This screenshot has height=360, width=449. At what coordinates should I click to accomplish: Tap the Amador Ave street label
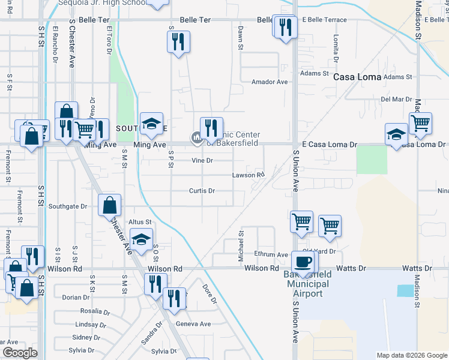point(270,82)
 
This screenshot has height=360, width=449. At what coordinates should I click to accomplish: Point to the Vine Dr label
point(202,161)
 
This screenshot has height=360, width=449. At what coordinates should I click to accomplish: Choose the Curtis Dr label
point(202,191)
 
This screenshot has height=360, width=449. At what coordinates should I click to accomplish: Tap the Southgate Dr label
point(68,206)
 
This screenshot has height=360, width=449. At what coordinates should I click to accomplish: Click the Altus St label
point(140,222)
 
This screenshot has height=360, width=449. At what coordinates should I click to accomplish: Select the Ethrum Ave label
point(271,255)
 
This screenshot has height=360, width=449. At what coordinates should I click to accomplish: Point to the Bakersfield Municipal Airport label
point(308,284)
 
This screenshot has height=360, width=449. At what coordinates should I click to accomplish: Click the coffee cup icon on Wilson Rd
point(303,262)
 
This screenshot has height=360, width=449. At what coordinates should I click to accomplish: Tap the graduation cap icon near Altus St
point(140,240)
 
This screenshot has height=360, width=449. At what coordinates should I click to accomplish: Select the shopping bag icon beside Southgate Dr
point(109,205)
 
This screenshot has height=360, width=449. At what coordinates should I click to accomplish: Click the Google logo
point(20,353)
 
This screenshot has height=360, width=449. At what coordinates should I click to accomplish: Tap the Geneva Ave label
point(193,324)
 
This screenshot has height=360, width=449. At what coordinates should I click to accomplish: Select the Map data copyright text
point(412,355)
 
